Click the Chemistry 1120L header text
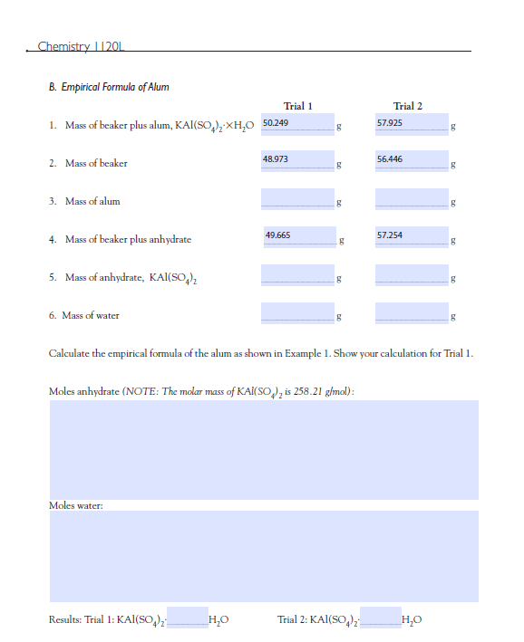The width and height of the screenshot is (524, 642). point(82,46)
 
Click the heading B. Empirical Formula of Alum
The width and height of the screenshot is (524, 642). point(108,87)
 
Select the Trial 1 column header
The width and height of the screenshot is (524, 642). point(298,106)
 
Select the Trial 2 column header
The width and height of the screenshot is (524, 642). point(407,106)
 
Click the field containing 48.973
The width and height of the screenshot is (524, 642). point(296,160)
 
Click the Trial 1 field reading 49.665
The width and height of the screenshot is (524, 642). point(296,236)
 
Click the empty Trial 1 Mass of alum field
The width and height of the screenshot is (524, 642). point(296,197)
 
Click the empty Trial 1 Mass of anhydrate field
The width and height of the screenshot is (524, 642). point(296,273)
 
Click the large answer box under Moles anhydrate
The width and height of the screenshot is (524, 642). point(263,449)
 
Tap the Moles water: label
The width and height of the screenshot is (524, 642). point(75,504)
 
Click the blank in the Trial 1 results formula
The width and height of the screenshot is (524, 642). point(187,618)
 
